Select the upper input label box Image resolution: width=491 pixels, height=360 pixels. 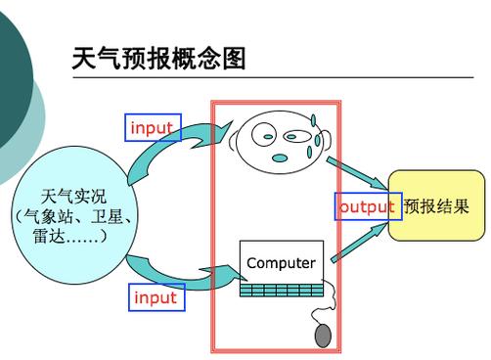click(153, 128)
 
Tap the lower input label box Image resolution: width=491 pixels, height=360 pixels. click(156, 296)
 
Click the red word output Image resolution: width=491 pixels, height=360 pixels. click(367, 206)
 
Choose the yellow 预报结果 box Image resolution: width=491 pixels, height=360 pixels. click(436, 206)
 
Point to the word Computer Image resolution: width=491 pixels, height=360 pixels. click(281, 263)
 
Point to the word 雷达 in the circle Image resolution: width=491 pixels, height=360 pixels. click(50, 237)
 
